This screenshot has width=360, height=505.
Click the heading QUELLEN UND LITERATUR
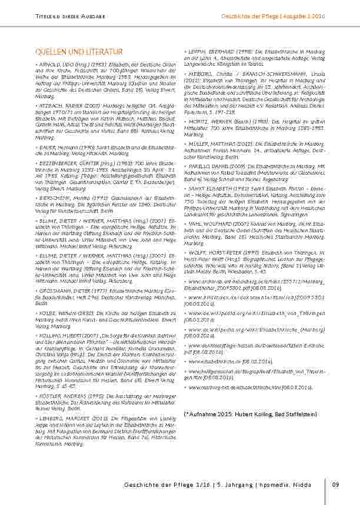(78, 52)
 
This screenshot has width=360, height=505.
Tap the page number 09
(336, 484)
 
